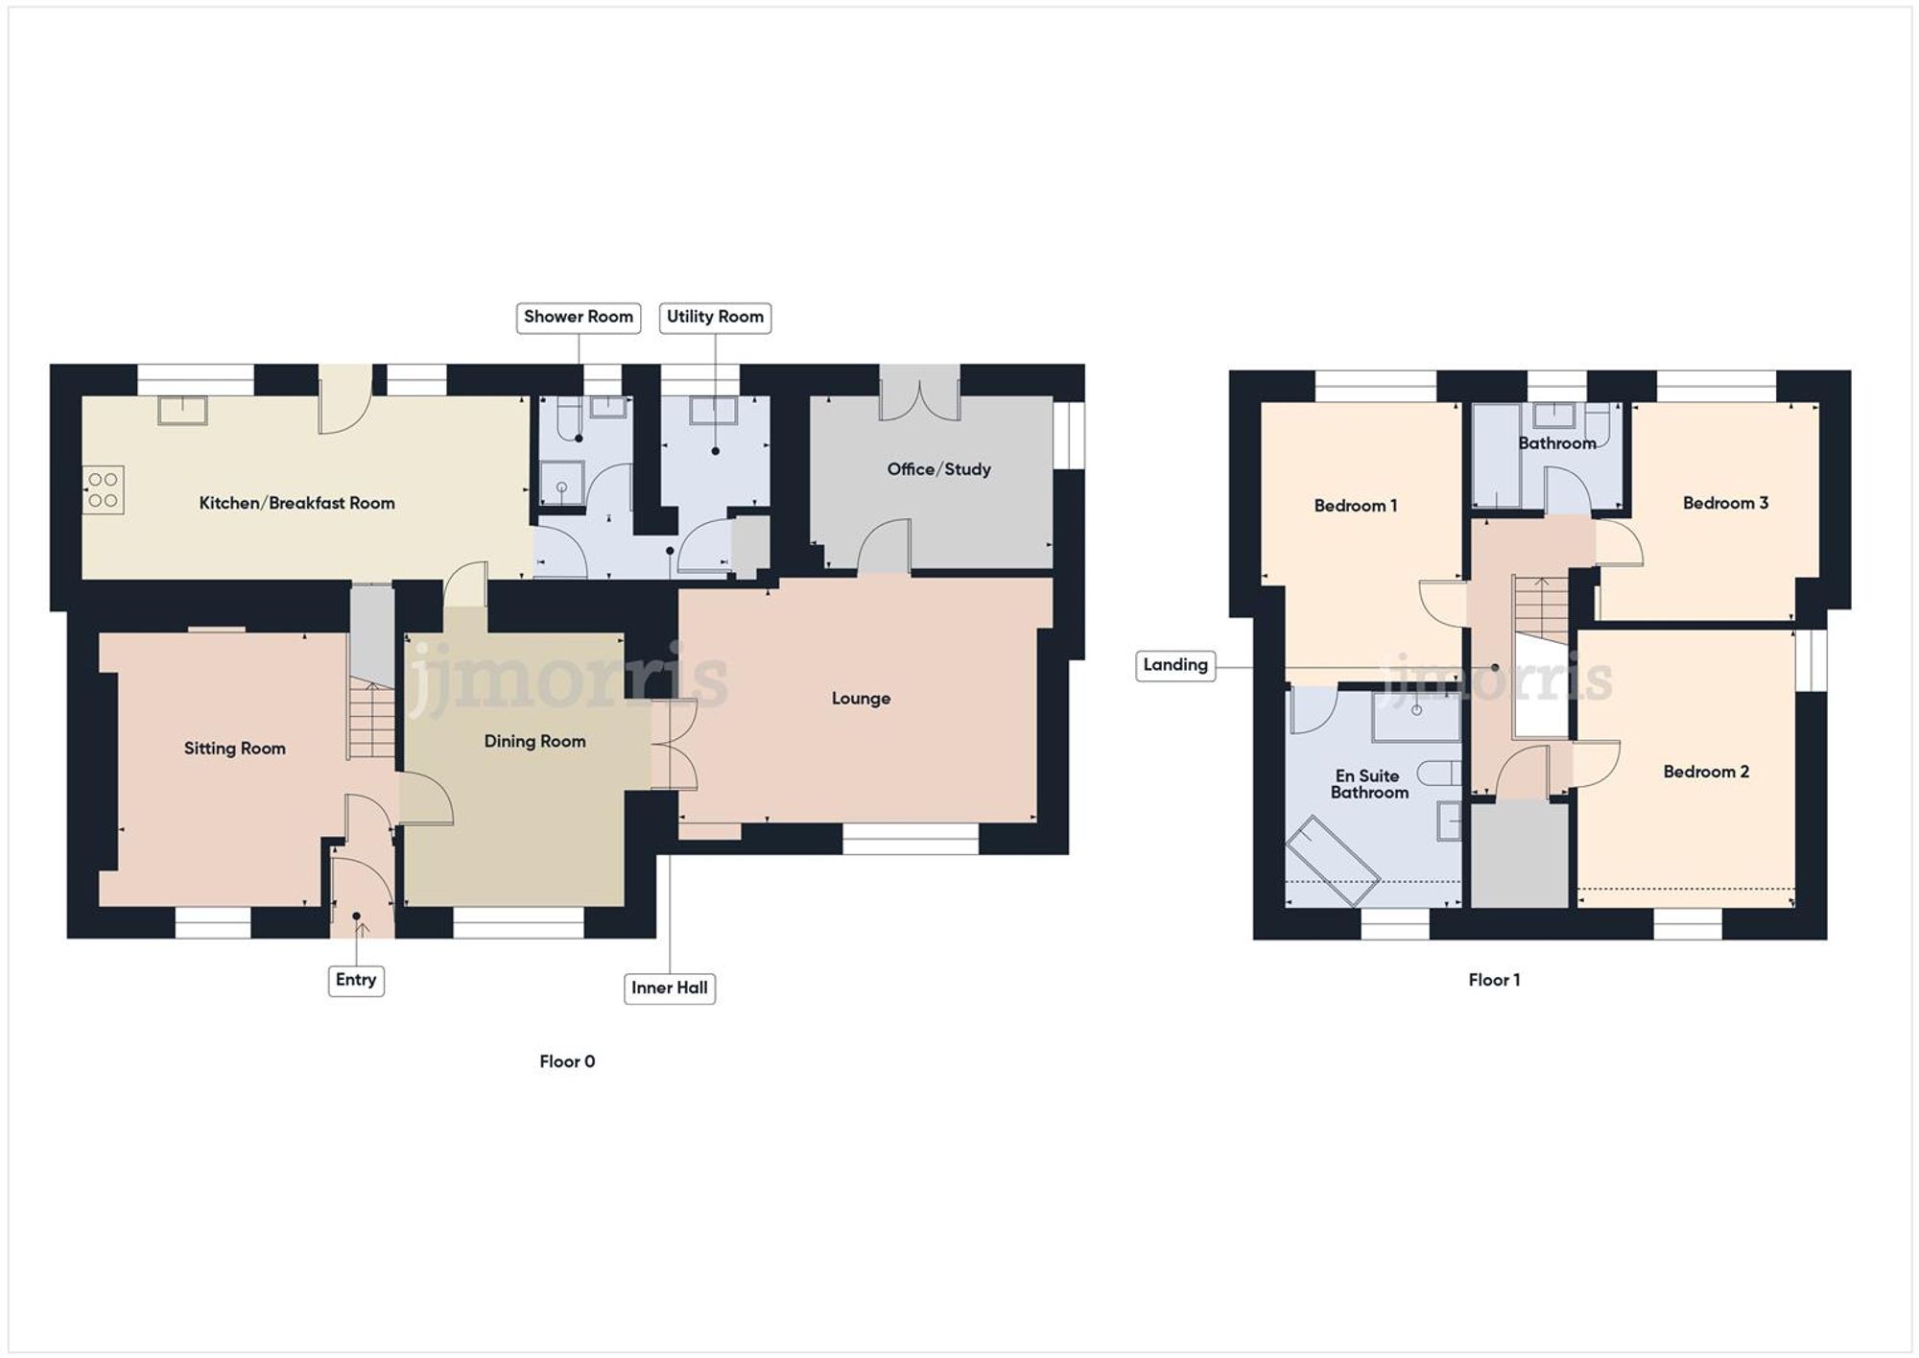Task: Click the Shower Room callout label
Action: coord(578,317)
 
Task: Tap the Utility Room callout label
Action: coord(715,317)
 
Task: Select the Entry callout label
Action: coord(356,980)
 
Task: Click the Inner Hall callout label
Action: coord(670,988)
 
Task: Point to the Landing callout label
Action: coord(1175,665)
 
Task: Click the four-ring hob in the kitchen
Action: coord(104,488)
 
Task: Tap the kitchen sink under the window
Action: coord(182,410)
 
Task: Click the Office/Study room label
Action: coord(938,469)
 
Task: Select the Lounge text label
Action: coord(861,699)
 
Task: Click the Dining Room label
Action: coord(534,741)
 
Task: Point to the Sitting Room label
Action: coord(235,749)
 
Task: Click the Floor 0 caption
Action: coord(567,1061)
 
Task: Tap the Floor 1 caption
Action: coord(1494,980)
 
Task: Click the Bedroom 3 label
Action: coord(1725,503)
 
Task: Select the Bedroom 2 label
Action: coord(1706,772)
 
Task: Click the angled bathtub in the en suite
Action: coord(1332,861)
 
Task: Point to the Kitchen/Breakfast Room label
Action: coord(296,503)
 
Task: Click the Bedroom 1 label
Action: coord(1356,506)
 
